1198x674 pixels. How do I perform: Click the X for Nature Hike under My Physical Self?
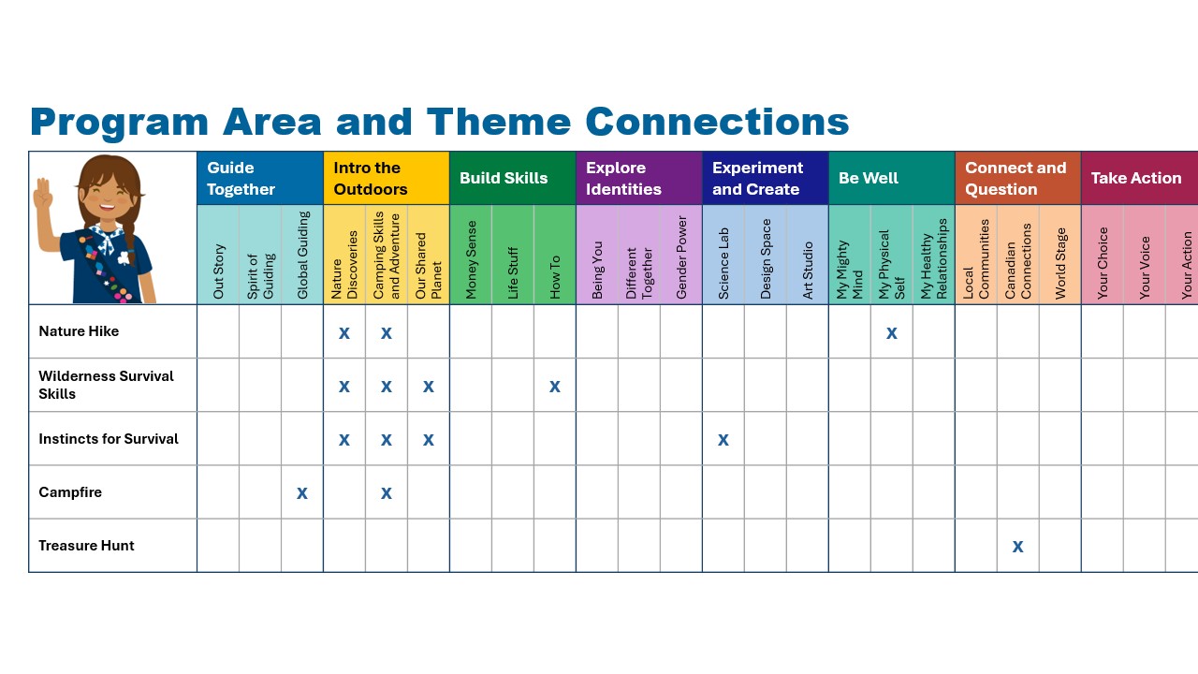[x=892, y=333]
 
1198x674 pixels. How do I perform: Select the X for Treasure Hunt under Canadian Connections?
[x=1017, y=547]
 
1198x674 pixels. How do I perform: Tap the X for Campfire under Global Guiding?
[x=302, y=493]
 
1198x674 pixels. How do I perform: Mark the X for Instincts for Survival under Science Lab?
[x=723, y=440]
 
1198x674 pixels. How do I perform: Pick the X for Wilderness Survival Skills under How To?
[x=555, y=387]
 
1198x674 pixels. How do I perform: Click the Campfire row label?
[x=70, y=492]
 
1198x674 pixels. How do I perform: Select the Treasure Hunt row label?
[x=86, y=546]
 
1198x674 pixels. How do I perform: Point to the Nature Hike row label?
[x=79, y=331]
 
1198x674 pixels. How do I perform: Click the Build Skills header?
[x=504, y=178]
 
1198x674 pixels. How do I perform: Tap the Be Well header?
[x=869, y=178]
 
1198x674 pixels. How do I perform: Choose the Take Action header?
[x=1136, y=178]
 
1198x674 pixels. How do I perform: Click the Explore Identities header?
[x=623, y=178]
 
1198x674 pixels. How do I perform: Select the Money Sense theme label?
[x=471, y=260]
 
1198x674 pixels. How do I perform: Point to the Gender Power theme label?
[x=681, y=257]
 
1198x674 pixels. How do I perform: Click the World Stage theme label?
[x=1060, y=263]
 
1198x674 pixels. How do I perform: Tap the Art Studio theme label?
[x=808, y=271]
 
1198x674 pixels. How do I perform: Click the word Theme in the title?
[x=499, y=122]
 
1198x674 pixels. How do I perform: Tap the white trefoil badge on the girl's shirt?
[x=124, y=258]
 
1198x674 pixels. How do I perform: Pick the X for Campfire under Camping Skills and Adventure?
[x=387, y=493]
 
